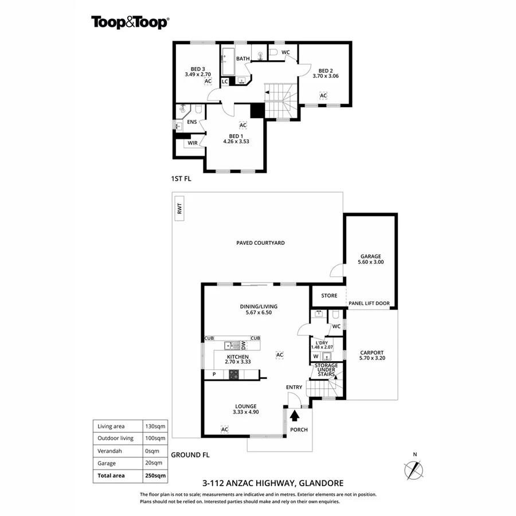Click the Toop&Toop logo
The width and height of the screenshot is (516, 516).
click(130, 22)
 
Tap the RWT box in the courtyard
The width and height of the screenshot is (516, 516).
click(179, 209)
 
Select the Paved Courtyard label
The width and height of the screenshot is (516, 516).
click(260, 243)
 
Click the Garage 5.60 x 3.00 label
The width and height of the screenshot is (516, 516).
click(370, 259)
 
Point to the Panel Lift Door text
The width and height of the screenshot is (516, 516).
click(369, 303)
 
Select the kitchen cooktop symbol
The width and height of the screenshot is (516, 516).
click(234, 374)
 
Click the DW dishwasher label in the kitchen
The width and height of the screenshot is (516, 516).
click(244, 345)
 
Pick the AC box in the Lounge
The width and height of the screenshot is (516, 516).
click(225, 429)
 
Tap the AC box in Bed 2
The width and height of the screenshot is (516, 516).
click(323, 96)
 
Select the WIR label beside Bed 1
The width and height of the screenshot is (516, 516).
click(193, 143)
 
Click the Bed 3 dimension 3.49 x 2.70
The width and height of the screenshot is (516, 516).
click(198, 74)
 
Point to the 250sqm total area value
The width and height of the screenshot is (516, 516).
click(155, 475)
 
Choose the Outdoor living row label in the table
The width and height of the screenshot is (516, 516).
click(115, 438)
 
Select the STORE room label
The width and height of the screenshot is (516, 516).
click(329, 296)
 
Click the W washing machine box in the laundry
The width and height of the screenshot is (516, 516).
click(316, 356)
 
